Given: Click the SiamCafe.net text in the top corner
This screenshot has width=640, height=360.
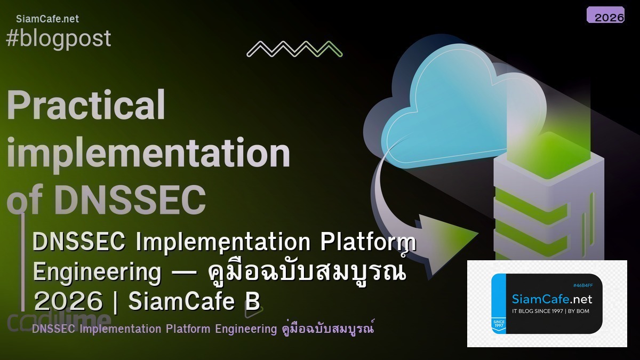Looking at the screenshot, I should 47,19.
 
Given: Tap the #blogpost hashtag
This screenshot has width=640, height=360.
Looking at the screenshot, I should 58,38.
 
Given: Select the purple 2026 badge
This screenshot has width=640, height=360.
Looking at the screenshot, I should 605,15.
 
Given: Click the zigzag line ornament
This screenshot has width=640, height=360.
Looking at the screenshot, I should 294,49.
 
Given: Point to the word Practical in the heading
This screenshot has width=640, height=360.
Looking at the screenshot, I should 86,106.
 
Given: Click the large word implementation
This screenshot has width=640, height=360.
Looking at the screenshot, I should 148,153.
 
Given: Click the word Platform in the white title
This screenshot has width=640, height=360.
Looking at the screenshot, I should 367,242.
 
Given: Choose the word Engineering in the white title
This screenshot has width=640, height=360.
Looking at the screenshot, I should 97,272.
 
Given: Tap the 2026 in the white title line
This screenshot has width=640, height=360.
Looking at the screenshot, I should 68,302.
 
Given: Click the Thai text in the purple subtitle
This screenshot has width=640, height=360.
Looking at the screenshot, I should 328,329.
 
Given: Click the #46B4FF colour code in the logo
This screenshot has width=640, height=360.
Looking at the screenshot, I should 582,285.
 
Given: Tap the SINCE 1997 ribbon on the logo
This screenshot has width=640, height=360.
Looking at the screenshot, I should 499,324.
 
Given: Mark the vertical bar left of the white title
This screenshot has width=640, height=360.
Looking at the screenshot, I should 23,261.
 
